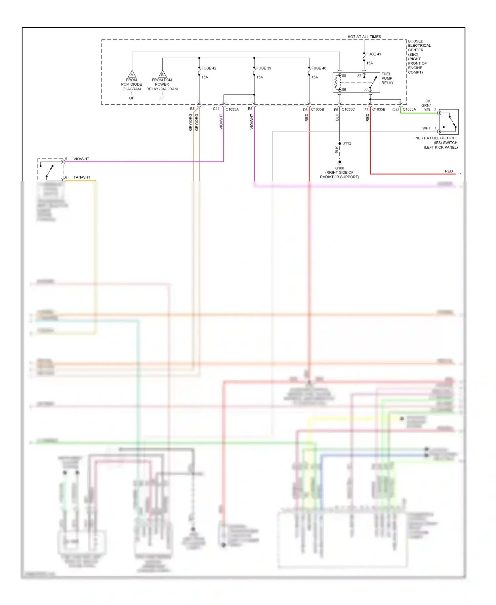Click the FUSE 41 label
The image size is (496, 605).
[x=373, y=54]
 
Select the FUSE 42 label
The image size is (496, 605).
[x=209, y=68]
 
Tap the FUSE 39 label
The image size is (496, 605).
[x=264, y=68]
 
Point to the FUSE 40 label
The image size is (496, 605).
[x=318, y=68]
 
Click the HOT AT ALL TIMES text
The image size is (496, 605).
[x=364, y=37]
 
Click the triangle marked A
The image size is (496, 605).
[x=132, y=74]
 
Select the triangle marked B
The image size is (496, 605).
[x=162, y=74]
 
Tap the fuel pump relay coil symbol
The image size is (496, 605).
[x=338, y=82]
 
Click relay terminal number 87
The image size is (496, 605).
[x=359, y=76]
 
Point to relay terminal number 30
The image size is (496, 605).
[x=365, y=89]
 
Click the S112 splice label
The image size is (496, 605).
[x=347, y=143]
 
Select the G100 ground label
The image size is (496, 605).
[x=340, y=168]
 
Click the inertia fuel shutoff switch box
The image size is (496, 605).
[x=449, y=121]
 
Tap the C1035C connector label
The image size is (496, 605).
[x=348, y=109]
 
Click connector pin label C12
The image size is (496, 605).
[x=395, y=110]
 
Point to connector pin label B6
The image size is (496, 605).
[x=192, y=109]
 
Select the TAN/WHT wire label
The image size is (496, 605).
[x=82, y=177]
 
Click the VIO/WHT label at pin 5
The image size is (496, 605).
[x=81, y=159]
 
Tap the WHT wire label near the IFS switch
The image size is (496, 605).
[x=426, y=128]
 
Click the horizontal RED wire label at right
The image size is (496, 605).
[x=449, y=171]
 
